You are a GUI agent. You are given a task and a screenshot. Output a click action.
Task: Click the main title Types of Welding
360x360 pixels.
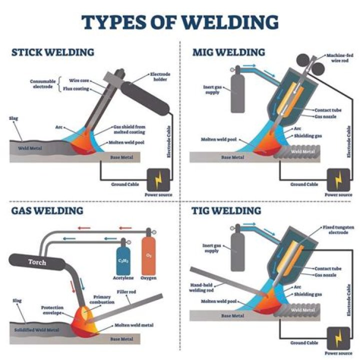[x=179, y=22]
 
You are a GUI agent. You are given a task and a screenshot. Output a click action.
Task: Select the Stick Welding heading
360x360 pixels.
[x=52, y=52]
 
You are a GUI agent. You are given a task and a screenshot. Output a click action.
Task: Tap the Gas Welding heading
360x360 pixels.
[x=47, y=210]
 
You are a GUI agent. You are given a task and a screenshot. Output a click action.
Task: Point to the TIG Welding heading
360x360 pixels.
[x=226, y=210]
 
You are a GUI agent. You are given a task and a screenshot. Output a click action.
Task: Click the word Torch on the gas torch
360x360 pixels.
[x=37, y=262]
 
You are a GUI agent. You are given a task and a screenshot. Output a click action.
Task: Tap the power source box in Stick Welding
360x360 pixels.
[x=158, y=179]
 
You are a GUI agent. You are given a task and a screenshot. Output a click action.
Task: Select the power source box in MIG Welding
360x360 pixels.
[x=337, y=179]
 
